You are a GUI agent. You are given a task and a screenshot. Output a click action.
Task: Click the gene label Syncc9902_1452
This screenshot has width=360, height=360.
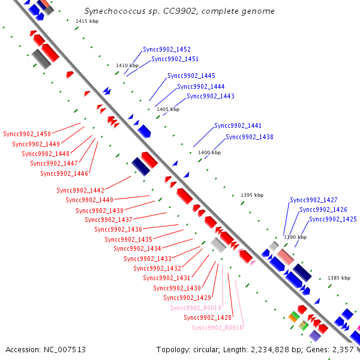(167, 49)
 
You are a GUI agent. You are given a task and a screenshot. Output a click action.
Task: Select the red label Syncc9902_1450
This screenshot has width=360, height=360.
(27, 134)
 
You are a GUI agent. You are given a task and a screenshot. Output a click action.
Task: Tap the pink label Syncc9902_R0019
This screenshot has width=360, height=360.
(196, 308)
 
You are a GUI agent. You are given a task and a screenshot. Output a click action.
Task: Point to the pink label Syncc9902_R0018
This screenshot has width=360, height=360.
(217, 328)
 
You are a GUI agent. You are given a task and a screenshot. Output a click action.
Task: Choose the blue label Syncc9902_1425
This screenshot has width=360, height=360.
(333, 219)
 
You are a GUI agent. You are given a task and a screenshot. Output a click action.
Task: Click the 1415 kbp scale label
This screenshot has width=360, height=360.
(87, 21)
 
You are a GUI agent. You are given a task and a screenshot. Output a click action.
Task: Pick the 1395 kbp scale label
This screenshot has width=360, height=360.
(252, 195)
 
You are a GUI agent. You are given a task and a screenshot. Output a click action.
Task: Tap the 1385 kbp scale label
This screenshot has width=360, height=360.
(339, 278)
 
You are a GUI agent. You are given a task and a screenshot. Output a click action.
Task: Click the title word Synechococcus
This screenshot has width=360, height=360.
(115, 11)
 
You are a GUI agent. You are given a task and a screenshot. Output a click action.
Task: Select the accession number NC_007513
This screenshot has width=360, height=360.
(65, 350)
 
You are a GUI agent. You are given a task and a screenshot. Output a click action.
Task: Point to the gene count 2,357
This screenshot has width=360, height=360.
(343, 350)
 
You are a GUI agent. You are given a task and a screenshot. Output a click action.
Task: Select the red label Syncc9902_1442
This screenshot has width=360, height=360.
(80, 190)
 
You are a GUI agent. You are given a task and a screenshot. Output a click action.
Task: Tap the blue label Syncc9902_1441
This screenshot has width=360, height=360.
(238, 125)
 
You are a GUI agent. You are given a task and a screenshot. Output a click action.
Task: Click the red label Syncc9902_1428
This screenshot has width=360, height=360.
(208, 317)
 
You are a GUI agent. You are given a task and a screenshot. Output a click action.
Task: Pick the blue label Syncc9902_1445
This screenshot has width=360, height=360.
(191, 76)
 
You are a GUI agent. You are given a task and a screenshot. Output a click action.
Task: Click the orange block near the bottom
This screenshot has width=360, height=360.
(293, 318)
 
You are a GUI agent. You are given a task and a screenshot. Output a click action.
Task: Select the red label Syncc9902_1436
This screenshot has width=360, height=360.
(118, 229)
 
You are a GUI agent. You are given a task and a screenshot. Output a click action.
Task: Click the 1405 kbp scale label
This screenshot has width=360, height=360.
(168, 109)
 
